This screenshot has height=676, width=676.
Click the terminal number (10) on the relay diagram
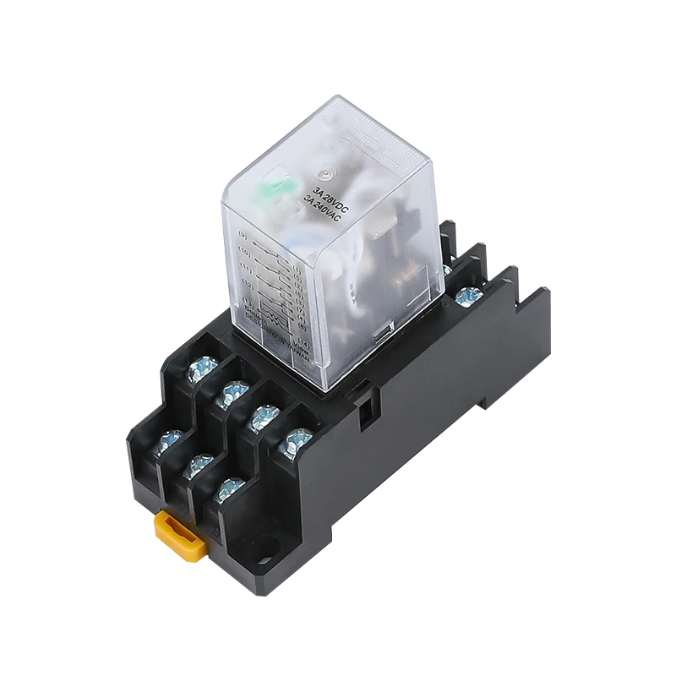[x=246, y=253]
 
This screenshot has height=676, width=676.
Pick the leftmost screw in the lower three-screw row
[x=170, y=440]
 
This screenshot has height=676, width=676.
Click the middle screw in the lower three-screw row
[x=199, y=465]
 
